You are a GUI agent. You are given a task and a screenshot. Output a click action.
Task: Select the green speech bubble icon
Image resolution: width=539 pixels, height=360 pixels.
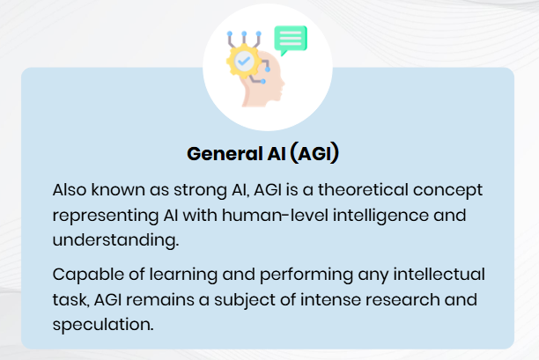click(291, 40)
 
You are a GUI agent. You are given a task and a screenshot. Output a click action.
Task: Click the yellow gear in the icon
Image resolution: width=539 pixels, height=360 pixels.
click(242, 62)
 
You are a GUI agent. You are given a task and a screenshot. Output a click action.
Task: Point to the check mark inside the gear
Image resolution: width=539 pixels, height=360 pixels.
click(242, 62)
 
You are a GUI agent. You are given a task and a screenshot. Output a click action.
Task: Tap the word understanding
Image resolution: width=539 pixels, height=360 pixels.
click(111, 239)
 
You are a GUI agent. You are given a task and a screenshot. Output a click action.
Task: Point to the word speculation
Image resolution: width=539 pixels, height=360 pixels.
click(101, 325)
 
